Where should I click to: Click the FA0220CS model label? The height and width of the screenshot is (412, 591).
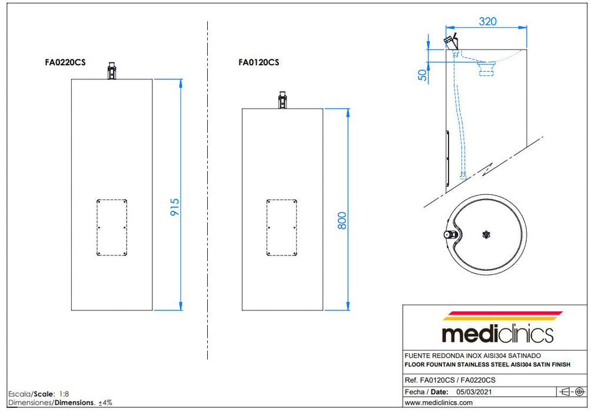coord(65,62)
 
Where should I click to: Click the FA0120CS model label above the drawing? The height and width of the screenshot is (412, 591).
coord(259,62)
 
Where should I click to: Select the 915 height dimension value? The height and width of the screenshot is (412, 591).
coord(175,207)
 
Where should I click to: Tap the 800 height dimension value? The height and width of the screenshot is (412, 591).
coord(342,221)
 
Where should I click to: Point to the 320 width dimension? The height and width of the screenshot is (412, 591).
coord(488,22)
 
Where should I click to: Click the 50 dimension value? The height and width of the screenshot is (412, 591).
coord(423,75)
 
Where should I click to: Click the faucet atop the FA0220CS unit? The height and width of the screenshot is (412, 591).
coord(112,71)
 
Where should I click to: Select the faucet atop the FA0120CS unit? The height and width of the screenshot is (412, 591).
coord(283,100)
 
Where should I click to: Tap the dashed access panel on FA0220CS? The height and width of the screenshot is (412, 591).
coord(112,228)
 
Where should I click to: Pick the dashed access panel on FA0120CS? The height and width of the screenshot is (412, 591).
coord(282,228)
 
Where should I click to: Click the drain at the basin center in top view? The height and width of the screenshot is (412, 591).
coord(486,234)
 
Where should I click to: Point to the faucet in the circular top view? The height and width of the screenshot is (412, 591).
coord(450,234)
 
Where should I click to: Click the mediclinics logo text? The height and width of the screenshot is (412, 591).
coord(497,334)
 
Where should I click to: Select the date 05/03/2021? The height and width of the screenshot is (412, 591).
coord(474,392)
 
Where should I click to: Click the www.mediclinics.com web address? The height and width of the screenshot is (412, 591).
coord(439,403)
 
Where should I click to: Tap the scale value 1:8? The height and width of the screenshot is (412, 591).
coord(64,394)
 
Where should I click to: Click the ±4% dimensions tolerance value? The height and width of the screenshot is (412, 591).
coord(105,403)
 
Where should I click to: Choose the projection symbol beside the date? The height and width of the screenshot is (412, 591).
coord(572,392)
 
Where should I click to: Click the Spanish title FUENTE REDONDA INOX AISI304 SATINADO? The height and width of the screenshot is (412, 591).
coord(473,355)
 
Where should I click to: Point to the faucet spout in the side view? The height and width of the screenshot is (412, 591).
coord(451,41)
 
